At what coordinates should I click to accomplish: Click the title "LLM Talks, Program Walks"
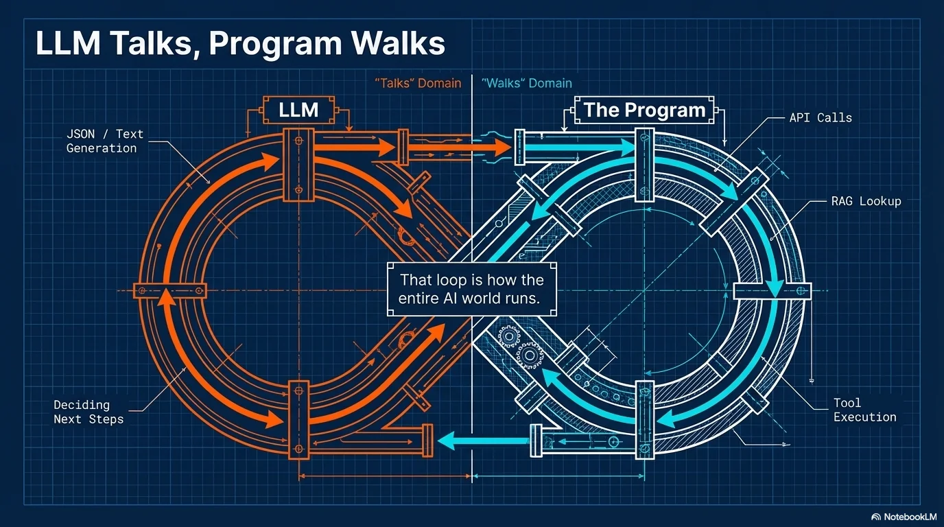(240, 44)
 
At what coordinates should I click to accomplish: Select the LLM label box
(298, 110)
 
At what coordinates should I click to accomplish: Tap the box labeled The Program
(644, 110)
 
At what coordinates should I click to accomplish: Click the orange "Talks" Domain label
(418, 83)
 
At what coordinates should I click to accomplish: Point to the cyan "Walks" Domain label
(526, 83)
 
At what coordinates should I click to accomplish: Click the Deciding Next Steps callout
(88, 412)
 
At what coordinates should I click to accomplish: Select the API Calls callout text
(820, 117)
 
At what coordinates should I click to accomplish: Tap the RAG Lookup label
(866, 202)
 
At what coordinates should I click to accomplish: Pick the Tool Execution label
(864, 410)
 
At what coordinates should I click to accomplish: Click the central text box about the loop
(471, 290)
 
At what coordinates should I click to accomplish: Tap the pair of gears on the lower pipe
(519, 345)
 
